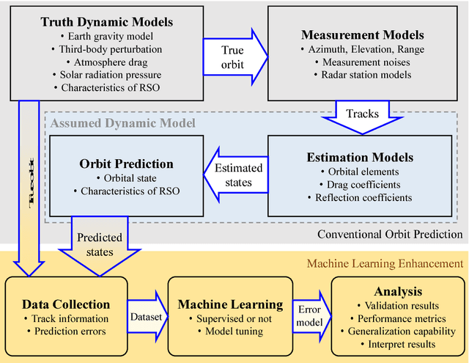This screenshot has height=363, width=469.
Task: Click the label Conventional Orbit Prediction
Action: pyautogui.click(x=390, y=234)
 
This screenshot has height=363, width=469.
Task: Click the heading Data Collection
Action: pyautogui.click(x=66, y=304)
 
